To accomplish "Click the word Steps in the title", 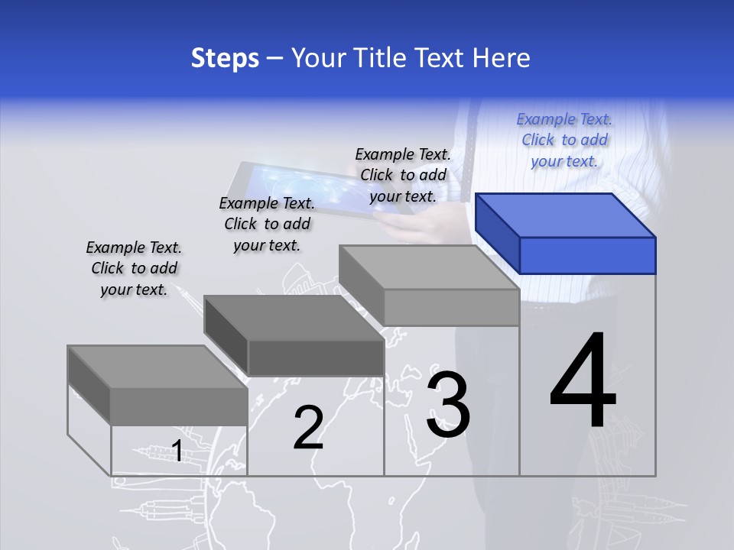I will coord(224,58).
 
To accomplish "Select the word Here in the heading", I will coord(501,58).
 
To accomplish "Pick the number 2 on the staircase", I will coord(308,428).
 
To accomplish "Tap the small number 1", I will coord(177,451).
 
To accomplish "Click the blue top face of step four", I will coord(566,215).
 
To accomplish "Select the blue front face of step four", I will coord(587,255).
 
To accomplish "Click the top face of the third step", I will coord(428,267).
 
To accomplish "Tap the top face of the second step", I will coord(293,317).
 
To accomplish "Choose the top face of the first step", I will coord(158,367).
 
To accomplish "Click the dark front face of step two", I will coord(316,357).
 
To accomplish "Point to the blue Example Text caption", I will coord(564,141).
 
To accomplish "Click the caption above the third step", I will coord(403,176).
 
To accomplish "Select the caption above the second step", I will coord(267,224).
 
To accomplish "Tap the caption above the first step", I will coord(134,268).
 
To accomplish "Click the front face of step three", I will coord(451,307).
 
